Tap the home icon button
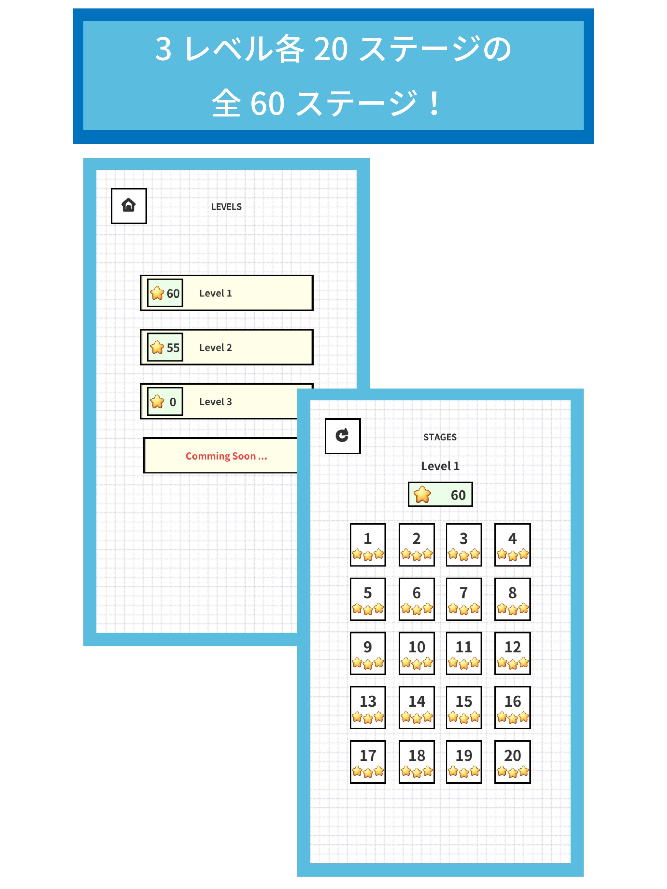click(x=129, y=205)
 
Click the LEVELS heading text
click(x=226, y=207)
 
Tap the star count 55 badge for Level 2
click(x=165, y=347)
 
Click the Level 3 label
click(x=215, y=402)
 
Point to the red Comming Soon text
click(x=226, y=456)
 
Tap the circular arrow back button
click(x=342, y=436)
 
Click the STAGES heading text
click(x=440, y=437)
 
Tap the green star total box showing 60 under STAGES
click(x=440, y=494)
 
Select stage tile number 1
click(x=368, y=545)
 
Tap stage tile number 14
click(x=416, y=707)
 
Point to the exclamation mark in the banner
click(x=434, y=103)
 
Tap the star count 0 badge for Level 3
click(x=165, y=401)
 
